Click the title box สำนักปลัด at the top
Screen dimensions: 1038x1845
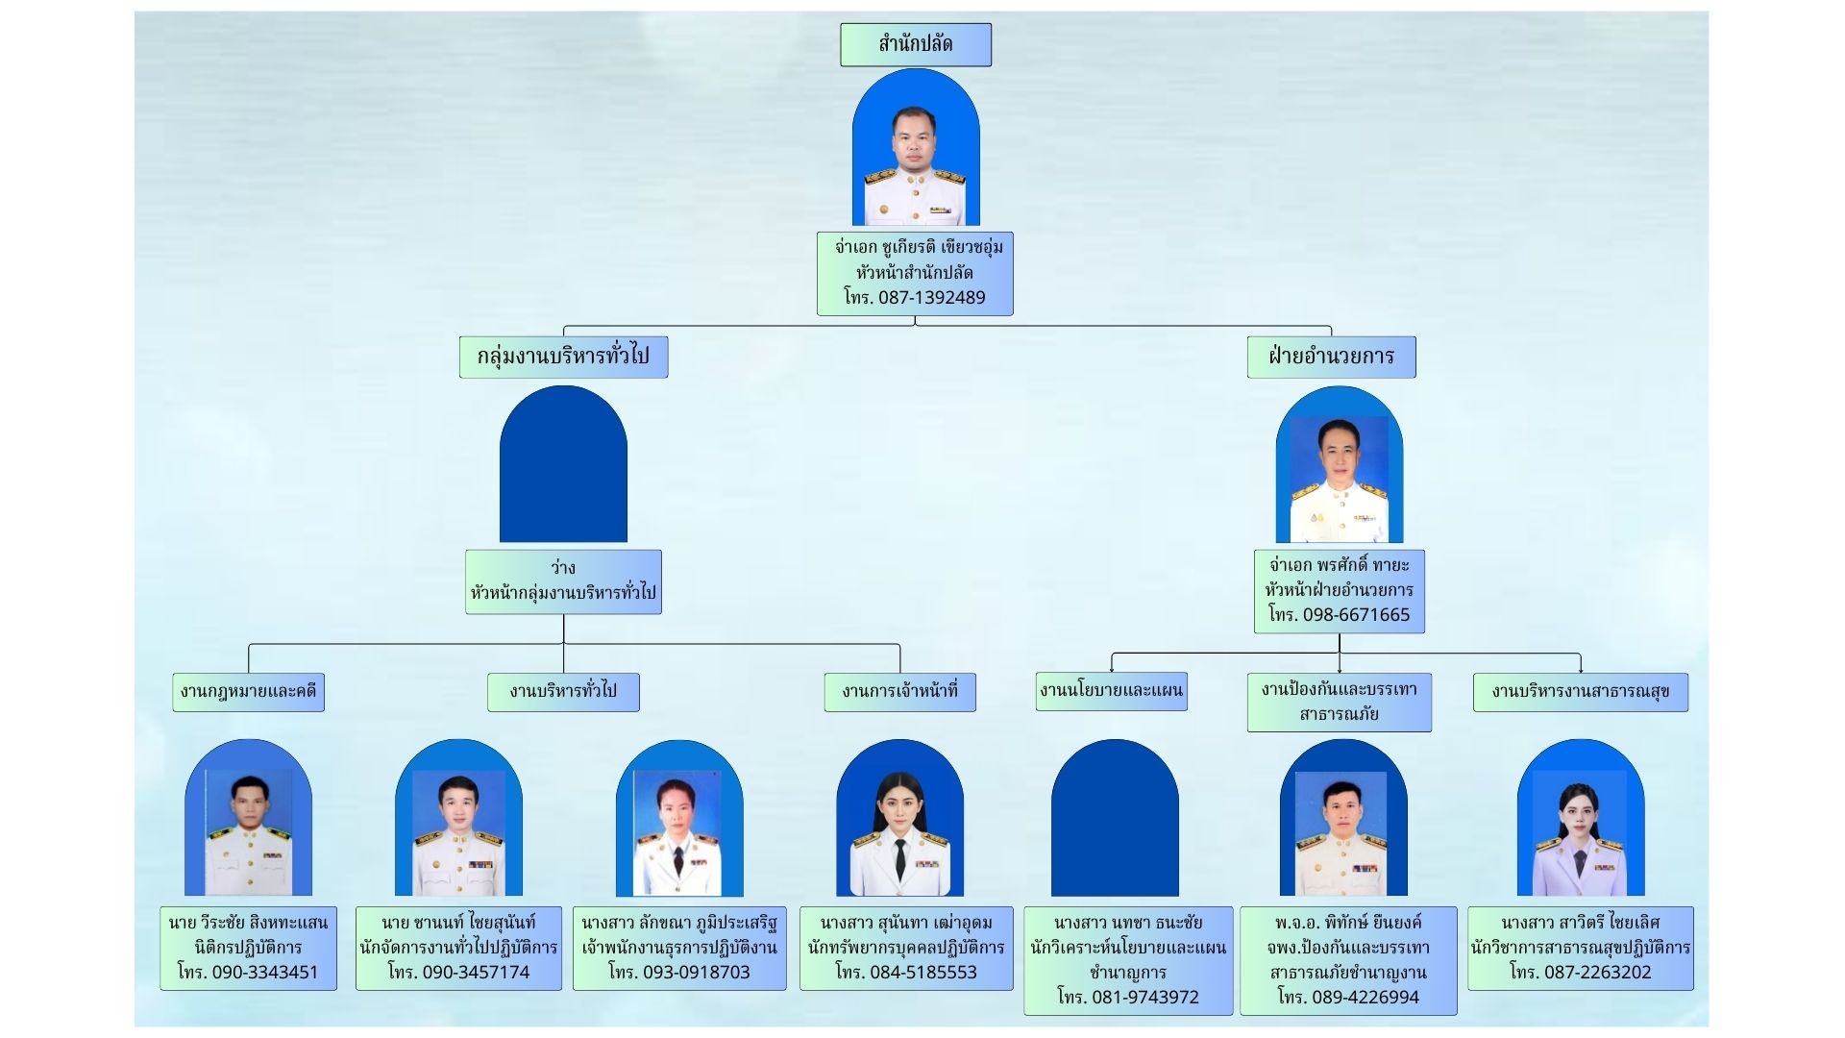click(915, 44)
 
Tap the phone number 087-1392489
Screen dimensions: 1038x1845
click(931, 298)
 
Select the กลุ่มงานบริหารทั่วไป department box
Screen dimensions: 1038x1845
click(563, 357)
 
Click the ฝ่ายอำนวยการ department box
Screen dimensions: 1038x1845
click(1331, 357)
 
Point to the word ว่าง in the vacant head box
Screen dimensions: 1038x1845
click(563, 567)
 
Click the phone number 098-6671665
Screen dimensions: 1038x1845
click(1356, 615)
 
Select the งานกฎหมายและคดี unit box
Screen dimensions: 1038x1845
click(248, 691)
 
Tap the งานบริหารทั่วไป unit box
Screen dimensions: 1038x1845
click(563, 691)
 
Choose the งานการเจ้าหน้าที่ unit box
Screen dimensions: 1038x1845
click(899, 691)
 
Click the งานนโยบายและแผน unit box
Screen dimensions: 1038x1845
click(1111, 690)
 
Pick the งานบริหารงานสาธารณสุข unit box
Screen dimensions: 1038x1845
click(1580, 691)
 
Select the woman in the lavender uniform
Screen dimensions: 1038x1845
click(1580, 831)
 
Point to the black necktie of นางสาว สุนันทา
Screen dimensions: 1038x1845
click(899, 857)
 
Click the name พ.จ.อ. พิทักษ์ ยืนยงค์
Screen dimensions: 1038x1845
click(1347, 923)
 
